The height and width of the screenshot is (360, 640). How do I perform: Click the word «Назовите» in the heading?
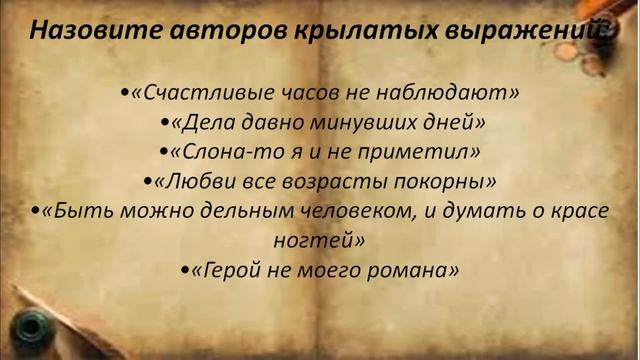click(86, 29)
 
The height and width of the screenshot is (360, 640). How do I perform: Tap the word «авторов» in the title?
click(211, 29)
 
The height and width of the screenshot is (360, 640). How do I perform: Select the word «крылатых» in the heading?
click(340, 29)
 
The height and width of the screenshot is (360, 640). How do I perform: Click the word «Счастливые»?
click(194, 93)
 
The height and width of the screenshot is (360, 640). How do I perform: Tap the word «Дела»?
click(206, 123)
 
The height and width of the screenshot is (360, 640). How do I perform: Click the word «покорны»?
click(443, 182)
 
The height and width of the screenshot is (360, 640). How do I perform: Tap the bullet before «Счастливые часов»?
click(124, 94)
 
